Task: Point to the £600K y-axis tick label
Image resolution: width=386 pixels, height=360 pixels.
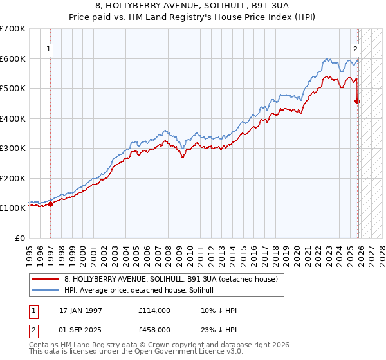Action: click(x=13, y=59)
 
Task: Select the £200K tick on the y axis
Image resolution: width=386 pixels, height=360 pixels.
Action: click(x=13, y=178)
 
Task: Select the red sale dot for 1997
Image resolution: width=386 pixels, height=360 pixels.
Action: click(x=50, y=204)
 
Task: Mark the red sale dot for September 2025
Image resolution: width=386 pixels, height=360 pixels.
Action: click(x=358, y=101)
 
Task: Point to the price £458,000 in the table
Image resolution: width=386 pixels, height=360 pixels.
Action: click(x=154, y=330)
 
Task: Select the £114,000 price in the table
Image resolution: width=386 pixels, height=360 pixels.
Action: click(x=154, y=310)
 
